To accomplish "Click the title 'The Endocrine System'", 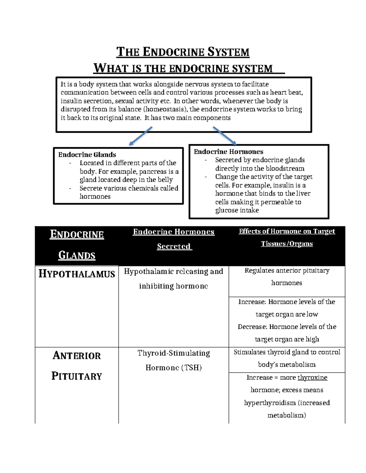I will tap(183, 52).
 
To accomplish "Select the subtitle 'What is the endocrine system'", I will tap(183, 68).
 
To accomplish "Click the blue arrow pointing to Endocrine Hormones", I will tap(224, 136).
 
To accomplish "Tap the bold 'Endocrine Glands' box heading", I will tap(87, 155).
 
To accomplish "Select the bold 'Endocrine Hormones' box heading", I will tap(228, 152).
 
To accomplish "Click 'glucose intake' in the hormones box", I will tap(237, 210).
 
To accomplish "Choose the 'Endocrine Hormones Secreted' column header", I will tap(174, 239).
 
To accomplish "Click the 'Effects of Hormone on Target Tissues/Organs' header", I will tap(287, 238).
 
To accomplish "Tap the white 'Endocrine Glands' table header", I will tap(77, 245).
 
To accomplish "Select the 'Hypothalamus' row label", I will tap(77, 274).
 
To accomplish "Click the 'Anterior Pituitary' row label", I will tap(77, 365).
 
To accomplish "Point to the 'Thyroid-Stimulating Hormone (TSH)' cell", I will tap(174, 360).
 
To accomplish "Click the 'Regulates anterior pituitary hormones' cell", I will tap(287, 277).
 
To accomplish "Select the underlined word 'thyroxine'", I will tap(312, 378).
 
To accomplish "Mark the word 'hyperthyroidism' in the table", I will tap(270, 403).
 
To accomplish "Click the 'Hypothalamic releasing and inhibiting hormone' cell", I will tap(174, 279).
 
